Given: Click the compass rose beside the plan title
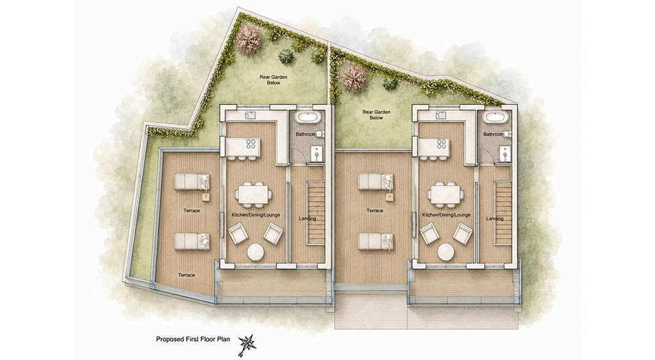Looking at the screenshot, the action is [x=248, y=342].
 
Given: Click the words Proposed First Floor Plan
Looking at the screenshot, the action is [x=193, y=339].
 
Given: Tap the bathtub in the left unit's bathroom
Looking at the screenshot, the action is [x=309, y=117].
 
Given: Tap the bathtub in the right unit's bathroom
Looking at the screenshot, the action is [x=495, y=117].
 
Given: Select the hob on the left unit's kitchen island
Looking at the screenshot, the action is [x=251, y=144].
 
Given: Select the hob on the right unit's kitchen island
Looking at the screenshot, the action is [x=441, y=144].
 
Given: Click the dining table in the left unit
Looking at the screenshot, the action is [x=253, y=194].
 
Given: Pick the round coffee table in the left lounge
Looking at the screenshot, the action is [x=255, y=252].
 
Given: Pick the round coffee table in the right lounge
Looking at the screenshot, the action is [x=446, y=252].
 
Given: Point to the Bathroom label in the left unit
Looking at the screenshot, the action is [x=306, y=134].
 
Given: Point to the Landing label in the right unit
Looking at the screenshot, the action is [x=495, y=219].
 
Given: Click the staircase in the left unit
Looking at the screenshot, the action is [x=316, y=213].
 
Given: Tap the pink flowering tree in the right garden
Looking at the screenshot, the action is [x=354, y=77].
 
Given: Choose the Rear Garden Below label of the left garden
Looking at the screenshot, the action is [x=274, y=80].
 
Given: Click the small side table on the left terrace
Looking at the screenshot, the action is [x=206, y=198].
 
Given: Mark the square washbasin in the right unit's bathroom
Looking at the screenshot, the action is [x=506, y=153].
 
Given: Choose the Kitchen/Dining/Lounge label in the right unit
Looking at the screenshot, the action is [x=446, y=215].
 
